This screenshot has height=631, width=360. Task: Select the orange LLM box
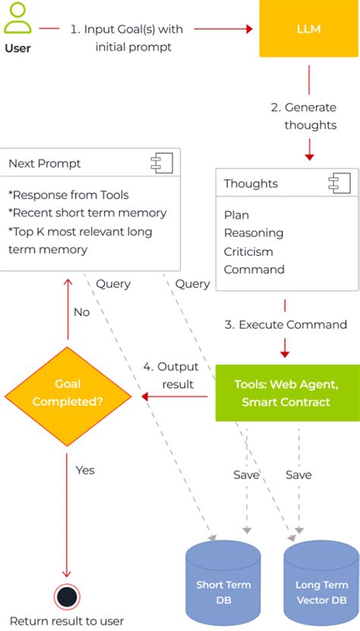[x=308, y=29]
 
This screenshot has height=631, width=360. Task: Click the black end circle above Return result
[x=68, y=597]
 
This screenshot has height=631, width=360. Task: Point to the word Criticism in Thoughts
[x=248, y=251]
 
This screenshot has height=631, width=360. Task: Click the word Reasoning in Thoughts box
[x=253, y=233]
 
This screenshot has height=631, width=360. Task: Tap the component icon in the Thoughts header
[x=338, y=183]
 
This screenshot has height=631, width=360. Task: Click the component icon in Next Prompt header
[x=161, y=163]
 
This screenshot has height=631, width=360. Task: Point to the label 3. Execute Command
[x=285, y=324]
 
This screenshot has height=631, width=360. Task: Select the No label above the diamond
[x=82, y=312]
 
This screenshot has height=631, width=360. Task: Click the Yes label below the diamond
[x=85, y=470]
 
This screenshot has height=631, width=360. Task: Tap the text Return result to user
[x=67, y=621]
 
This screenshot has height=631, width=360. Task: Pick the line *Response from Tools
[x=68, y=194]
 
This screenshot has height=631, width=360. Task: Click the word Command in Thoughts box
[x=254, y=270]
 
